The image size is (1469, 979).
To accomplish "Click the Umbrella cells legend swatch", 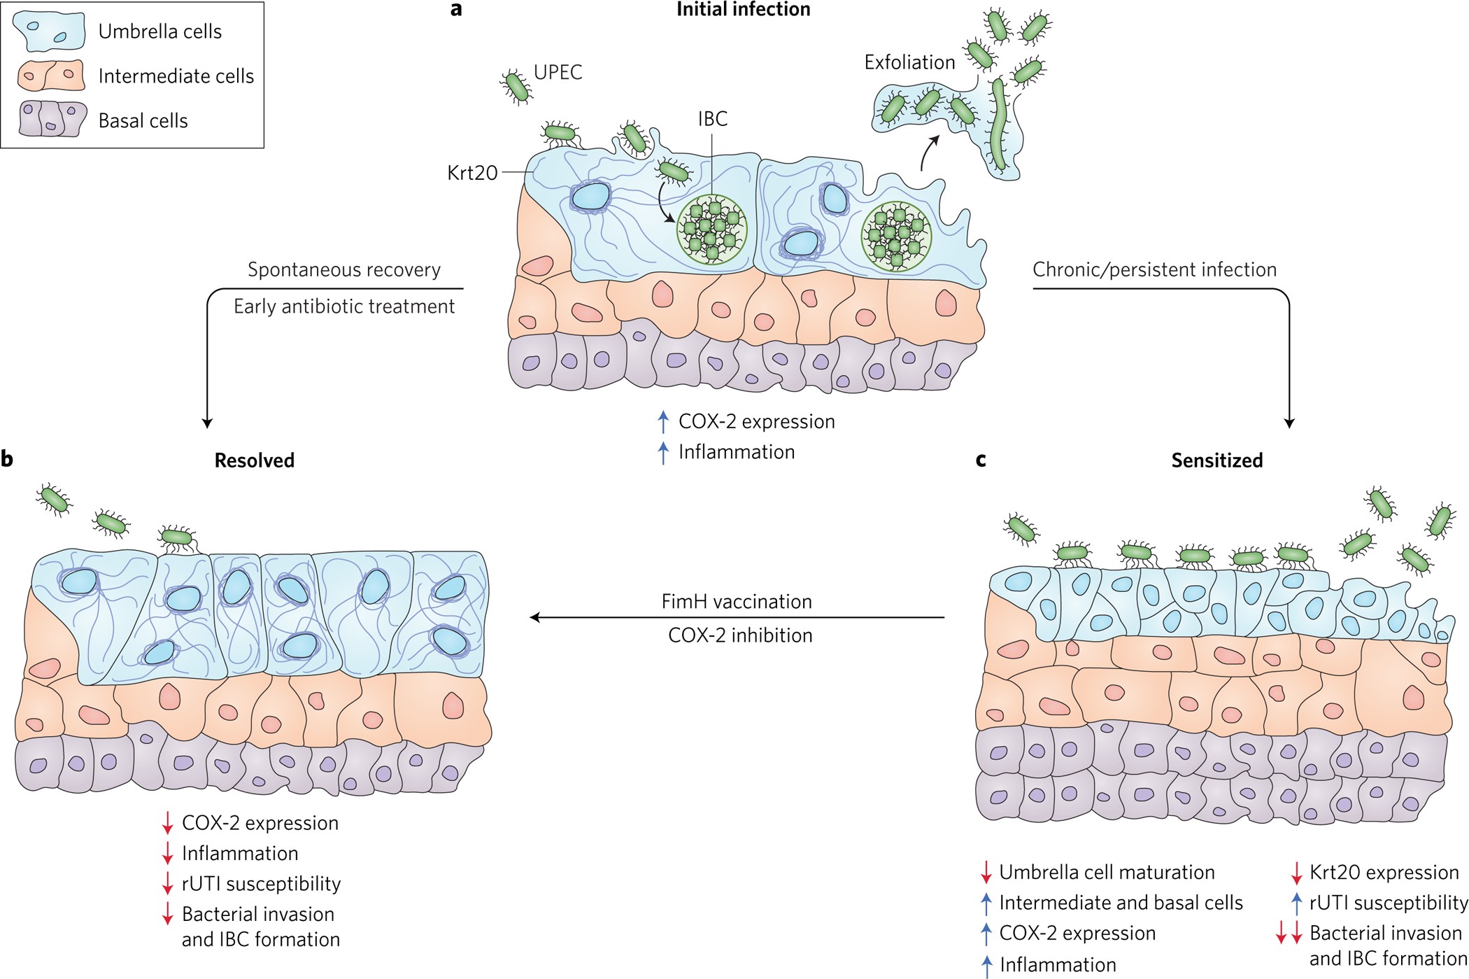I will click(49, 31).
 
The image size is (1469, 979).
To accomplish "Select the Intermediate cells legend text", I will click(176, 76).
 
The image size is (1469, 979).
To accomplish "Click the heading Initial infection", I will click(743, 9).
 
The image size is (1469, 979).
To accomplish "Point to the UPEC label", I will click(558, 72).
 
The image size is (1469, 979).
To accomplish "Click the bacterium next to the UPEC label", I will click(516, 87).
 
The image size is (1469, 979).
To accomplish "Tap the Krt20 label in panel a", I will click(472, 173).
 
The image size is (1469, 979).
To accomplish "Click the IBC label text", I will click(712, 119).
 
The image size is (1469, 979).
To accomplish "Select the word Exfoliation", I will click(909, 62).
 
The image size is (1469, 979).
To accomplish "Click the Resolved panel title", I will click(254, 460).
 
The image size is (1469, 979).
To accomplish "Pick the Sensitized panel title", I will click(1216, 460).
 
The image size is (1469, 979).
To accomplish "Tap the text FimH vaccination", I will click(737, 602).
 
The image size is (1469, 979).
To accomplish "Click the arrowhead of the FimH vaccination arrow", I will click(534, 617).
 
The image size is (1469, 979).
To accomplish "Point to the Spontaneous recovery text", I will click(344, 270).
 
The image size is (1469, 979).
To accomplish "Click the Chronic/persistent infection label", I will click(1154, 270).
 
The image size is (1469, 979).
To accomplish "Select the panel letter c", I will click(981, 460).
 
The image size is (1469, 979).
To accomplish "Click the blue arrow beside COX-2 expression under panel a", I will click(663, 422).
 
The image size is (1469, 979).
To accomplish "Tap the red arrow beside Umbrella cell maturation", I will click(986, 873).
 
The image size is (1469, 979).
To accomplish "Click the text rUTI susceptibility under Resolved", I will click(261, 884).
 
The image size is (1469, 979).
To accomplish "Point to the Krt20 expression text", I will click(1384, 873).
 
